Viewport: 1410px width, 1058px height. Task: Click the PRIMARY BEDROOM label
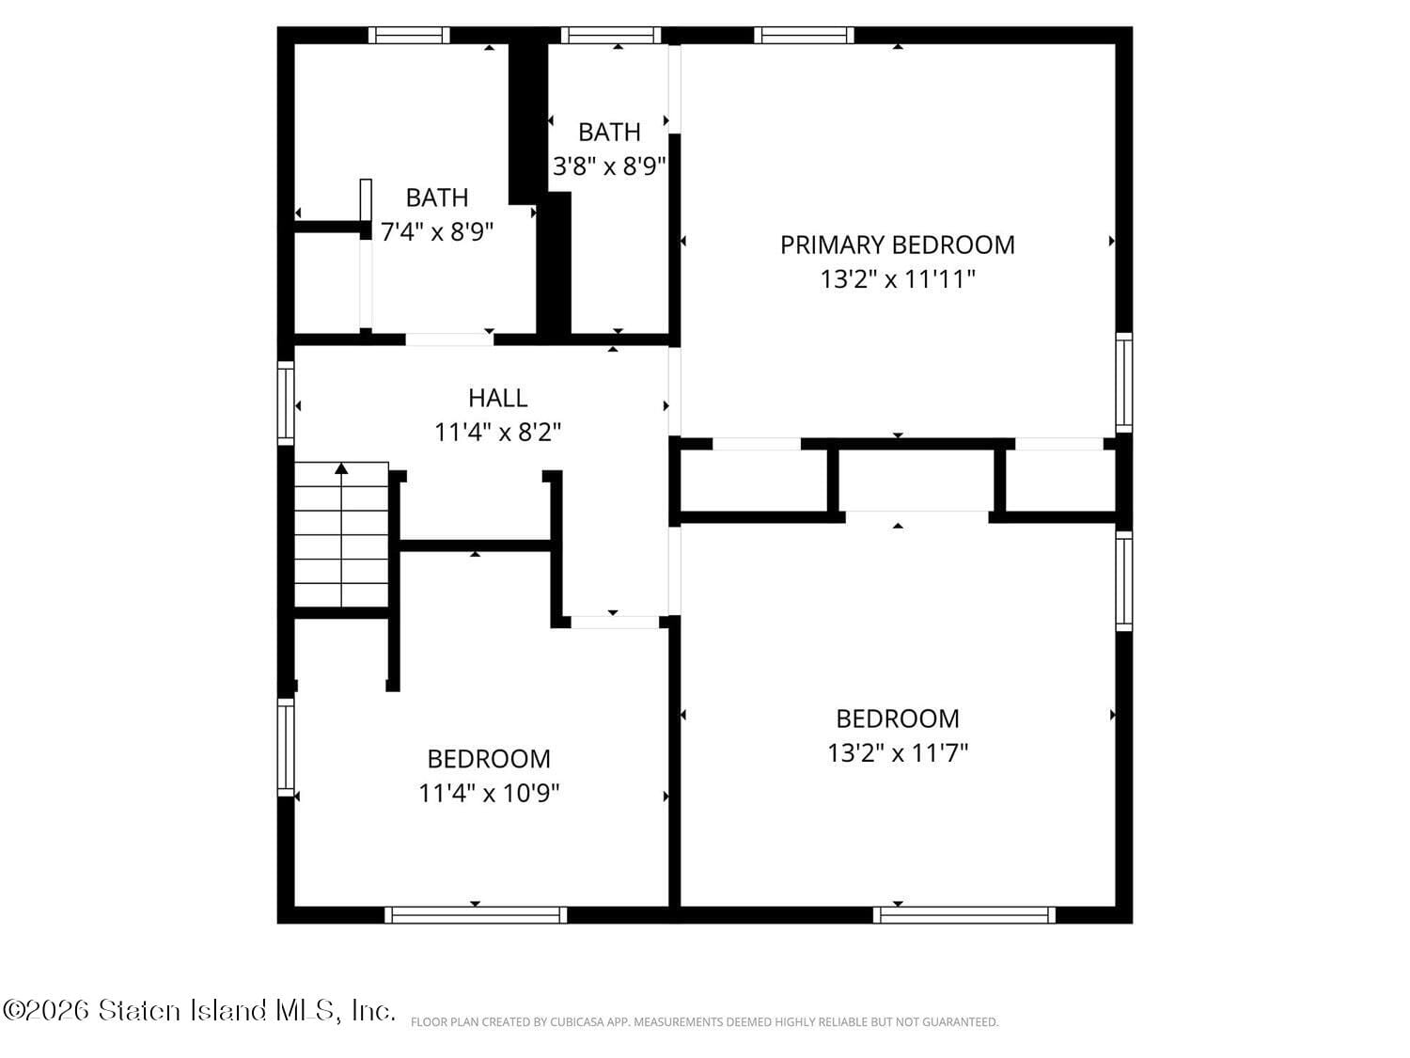897,245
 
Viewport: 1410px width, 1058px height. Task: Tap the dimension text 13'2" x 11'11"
897,279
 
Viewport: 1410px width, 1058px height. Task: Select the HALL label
497,398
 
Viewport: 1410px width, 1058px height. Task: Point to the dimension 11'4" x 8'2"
497,433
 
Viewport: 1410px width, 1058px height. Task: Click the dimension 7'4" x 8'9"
437,231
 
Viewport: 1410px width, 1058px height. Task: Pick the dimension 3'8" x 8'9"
609,166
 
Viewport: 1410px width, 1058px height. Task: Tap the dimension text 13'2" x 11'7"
897,753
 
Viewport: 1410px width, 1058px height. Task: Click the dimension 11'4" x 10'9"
489,794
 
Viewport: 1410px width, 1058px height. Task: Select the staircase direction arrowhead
342,467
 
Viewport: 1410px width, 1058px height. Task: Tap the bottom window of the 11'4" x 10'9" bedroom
476,915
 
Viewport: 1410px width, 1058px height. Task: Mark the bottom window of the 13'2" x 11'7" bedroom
964,915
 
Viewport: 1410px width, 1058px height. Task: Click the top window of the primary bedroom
804,36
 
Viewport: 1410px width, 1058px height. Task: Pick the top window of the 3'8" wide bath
611,36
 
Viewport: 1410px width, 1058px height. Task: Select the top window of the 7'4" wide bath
409,36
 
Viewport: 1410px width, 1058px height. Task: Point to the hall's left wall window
286,403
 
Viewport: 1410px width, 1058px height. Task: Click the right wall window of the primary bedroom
1124,383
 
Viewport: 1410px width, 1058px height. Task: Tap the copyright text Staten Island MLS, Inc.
198,1011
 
